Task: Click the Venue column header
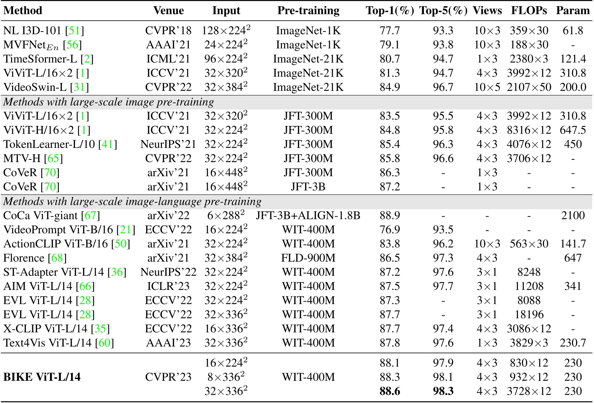[168, 11]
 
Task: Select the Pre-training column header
[308, 11]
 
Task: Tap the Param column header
[573, 11]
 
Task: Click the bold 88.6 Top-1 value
[390, 391]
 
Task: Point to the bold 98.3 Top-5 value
[443, 391]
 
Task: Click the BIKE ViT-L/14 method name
[42, 377]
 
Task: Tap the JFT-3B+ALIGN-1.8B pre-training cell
[308, 216]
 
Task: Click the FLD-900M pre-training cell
[308, 258]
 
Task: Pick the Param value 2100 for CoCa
[573, 216]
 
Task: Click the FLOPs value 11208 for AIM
[529, 286]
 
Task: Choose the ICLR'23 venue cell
[168, 286]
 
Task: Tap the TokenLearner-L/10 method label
[49, 144]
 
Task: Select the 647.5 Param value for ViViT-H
[573, 130]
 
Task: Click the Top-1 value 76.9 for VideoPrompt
[390, 230]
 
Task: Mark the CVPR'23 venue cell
[168, 377]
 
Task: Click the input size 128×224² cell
[226, 31]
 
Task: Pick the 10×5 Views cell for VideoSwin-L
[487, 87]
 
